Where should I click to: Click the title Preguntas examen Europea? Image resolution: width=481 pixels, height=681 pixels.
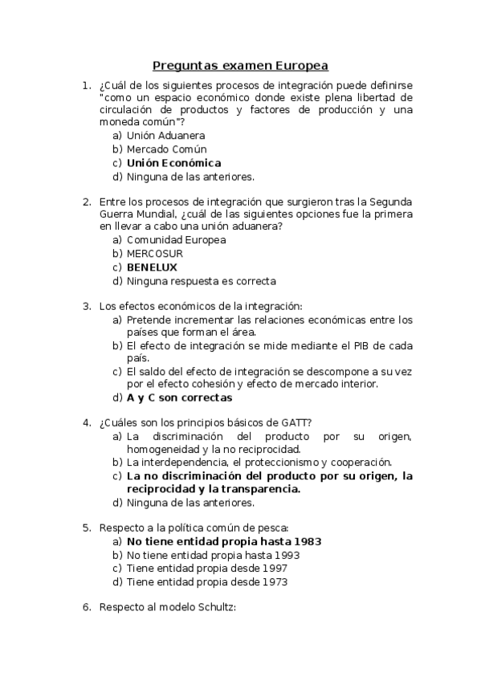coord(241,66)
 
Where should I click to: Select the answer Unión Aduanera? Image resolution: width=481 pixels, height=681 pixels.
coord(165,135)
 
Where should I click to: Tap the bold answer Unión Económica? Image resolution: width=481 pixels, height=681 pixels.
coord(173,163)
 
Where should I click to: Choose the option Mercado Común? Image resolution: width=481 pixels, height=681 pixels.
coord(166,149)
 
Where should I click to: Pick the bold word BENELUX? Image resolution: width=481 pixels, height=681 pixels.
coord(152,267)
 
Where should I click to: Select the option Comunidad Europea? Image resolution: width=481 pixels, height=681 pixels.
coord(176,239)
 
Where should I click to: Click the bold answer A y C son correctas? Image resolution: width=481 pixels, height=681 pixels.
coord(179,397)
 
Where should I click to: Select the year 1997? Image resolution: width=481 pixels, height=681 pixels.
coord(273,569)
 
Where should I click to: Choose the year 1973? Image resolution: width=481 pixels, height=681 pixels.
coord(273,582)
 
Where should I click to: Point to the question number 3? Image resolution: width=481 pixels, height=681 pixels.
coord(86,305)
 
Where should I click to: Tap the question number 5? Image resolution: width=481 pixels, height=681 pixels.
coord(86,528)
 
